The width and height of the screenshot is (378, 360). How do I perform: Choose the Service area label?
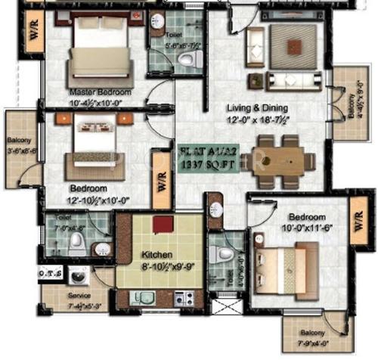[79, 296]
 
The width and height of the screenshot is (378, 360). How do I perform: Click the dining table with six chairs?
[283, 161]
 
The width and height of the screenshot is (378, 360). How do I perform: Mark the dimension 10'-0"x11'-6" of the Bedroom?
[302, 228]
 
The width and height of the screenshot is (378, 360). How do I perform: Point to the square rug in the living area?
[286, 47]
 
